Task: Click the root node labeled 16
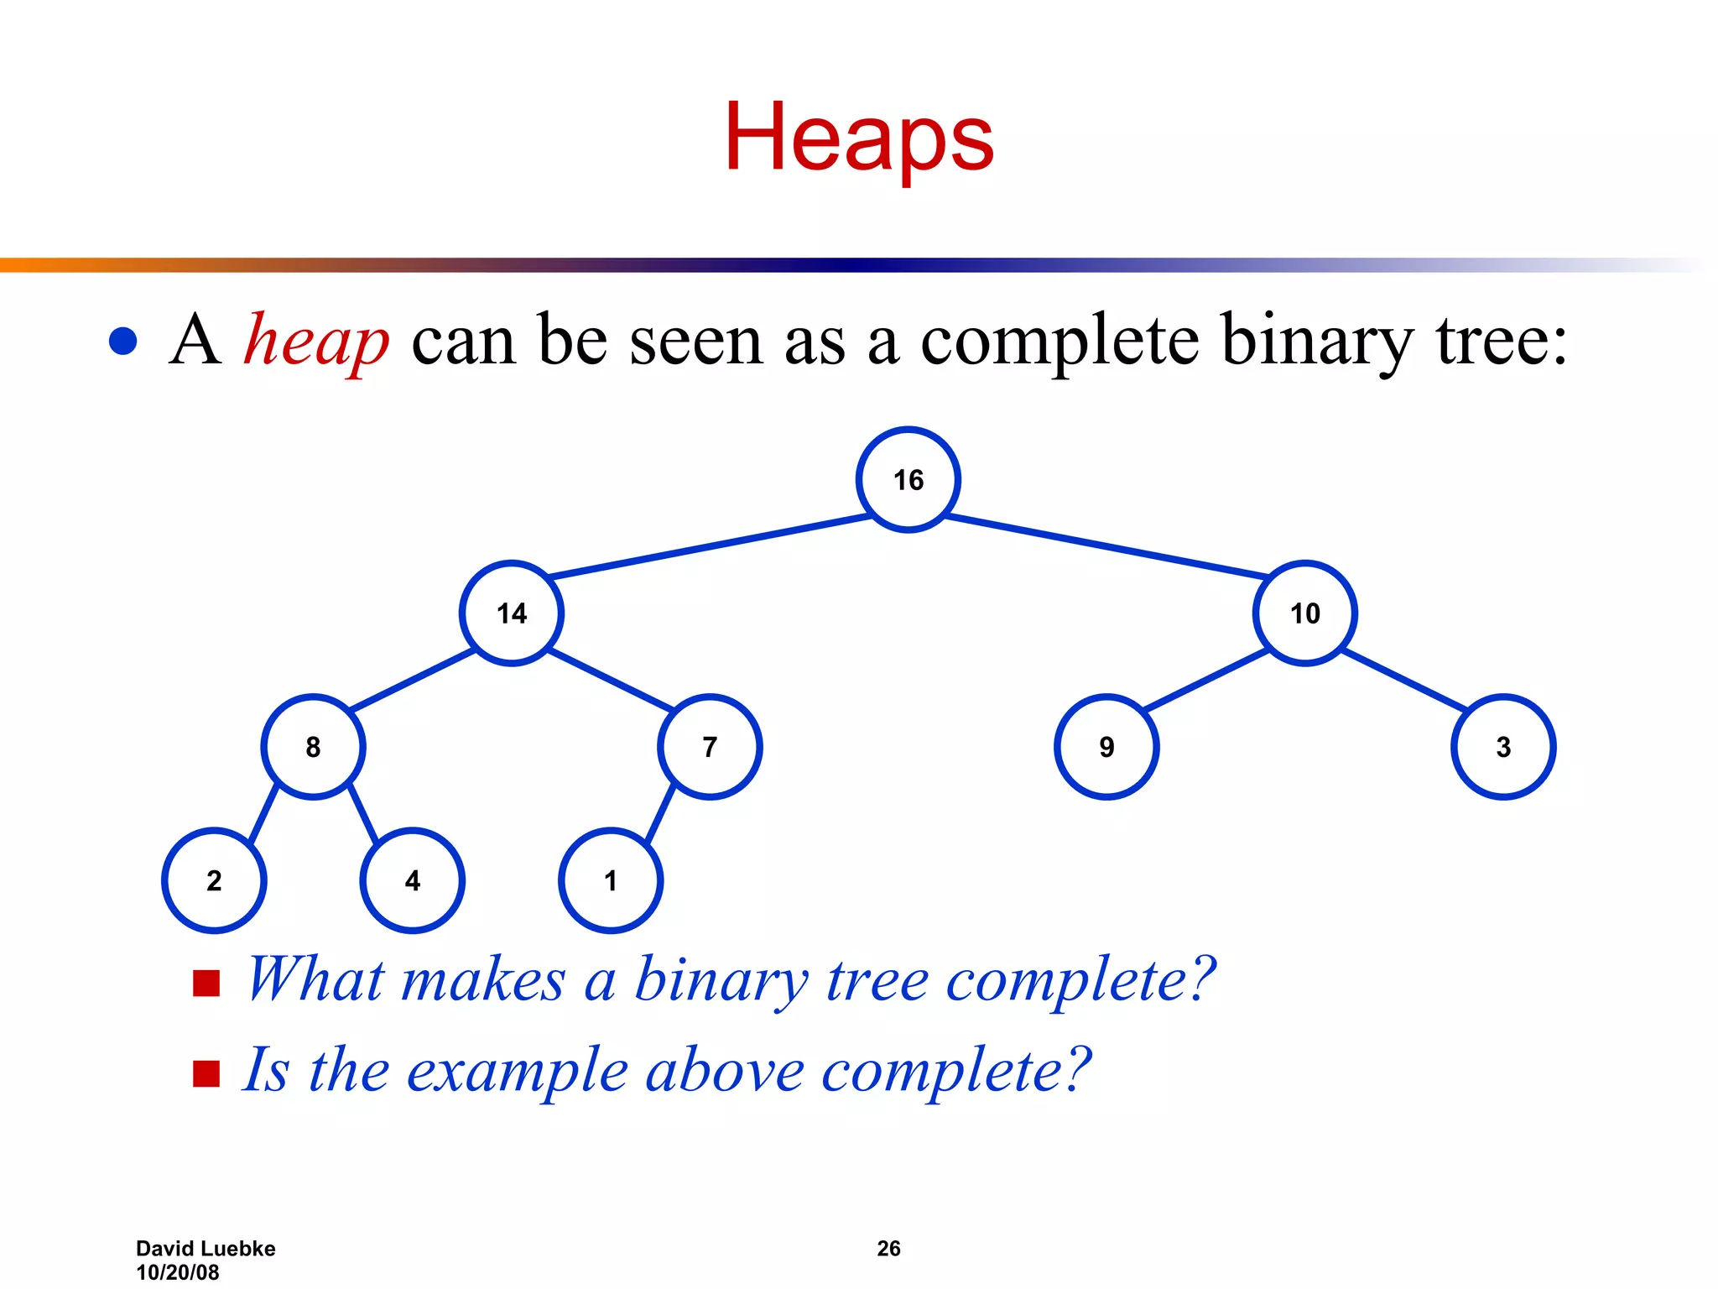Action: pyautogui.click(x=908, y=480)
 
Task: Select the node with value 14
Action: pyautogui.click(x=511, y=613)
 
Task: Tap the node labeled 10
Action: pyautogui.click(x=1304, y=613)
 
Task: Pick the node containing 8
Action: pyautogui.click(x=313, y=747)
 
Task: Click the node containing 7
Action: pyautogui.click(x=710, y=747)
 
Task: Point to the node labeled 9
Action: pyautogui.click(x=1106, y=747)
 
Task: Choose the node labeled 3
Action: pyautogui.click(x=1503, y=747)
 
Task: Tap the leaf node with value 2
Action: pyautogui.click(x=214, y=880)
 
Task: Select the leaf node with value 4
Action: pyautogui.click(x=412, y=880)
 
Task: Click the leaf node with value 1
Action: pyautogui.click(x=611, y=880)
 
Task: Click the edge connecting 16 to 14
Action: pyautogui.click(x=709, y=547)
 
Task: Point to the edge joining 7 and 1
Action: pyautogui.click(x=660, y=813)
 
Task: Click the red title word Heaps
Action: pyautogui.click(x=859, y=137)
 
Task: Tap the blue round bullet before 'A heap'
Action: pyautogui.click(x=123, y=342)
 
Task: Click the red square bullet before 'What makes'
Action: pyautogui.click(x=206, y=983)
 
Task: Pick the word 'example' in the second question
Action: pyautogui.click(x=518, y=1072)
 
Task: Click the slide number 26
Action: pyautogui.click(x=888, y=1249)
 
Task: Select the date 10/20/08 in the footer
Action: pyautogui.click(x=178, y=1272)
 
